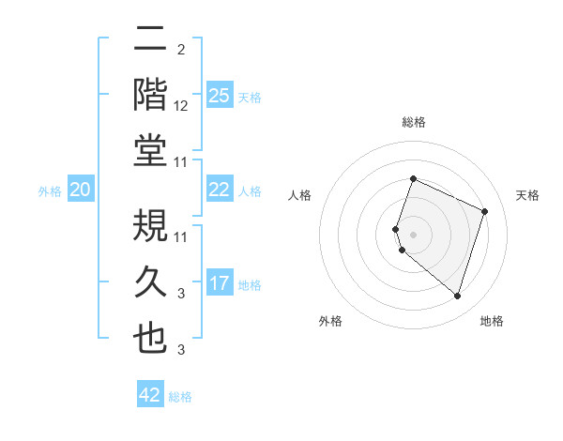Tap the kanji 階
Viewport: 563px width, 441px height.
coord(151,95)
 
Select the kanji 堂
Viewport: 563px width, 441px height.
coord(151,151)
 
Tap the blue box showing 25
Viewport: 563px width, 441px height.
coord(219,95)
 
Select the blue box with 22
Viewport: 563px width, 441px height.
coord(219,190)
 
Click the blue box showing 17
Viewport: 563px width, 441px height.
coord(219,283)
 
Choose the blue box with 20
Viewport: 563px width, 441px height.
coord(80,190)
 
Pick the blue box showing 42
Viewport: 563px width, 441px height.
coord(150,395)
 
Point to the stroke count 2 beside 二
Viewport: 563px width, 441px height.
coord(181,50)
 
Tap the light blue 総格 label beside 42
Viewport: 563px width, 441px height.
coord(180,397)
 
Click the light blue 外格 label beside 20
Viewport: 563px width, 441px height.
coord(50,191)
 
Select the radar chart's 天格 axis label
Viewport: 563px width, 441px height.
coord(527,195)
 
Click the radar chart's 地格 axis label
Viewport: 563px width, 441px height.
coord(492,321)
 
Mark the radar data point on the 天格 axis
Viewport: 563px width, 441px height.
coord(485,211)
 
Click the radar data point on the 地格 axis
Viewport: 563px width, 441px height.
coord(457,297)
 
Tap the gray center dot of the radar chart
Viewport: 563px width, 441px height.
coord(414,234)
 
